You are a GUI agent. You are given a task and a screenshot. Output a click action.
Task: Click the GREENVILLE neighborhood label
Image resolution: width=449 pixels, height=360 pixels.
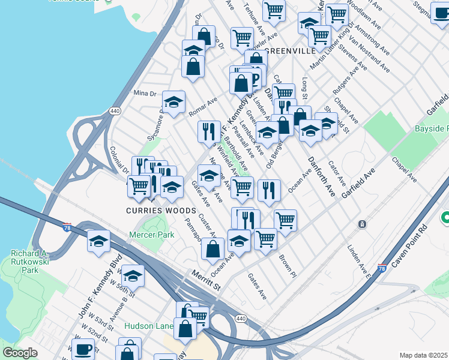tap(291, 51)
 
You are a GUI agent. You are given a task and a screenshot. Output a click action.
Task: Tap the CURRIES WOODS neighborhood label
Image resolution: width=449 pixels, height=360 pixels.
tap(161, 211)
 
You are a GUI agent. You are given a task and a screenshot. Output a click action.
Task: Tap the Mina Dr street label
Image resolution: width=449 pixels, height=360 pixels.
tap(145, 93)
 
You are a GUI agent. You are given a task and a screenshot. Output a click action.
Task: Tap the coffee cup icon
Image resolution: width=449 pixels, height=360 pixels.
tap(83, 349)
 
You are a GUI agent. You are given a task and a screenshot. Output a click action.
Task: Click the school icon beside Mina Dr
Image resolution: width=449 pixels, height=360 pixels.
tap(173, 103)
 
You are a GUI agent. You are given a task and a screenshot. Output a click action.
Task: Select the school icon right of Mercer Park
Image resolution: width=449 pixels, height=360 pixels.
tap(239, 242)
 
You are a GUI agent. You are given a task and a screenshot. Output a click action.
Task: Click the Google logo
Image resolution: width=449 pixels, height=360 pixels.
tap(20, 353)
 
